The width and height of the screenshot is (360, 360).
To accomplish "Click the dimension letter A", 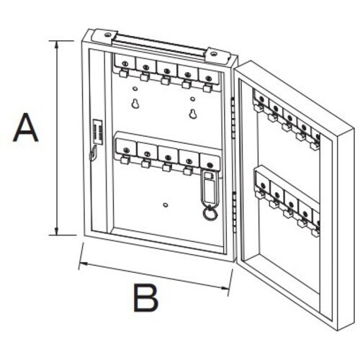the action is point(25,127).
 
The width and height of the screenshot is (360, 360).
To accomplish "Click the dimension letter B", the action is point(145,298).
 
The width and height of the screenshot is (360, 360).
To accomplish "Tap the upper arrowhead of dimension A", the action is point(57,45).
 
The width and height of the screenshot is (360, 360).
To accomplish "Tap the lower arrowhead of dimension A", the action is point(57,230).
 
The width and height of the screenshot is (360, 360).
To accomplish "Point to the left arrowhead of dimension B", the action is point(84,264).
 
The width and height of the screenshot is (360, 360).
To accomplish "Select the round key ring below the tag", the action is point(209,212).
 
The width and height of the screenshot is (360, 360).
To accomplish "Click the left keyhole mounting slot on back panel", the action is point(135,103).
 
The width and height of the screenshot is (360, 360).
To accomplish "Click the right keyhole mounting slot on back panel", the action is point(192,113).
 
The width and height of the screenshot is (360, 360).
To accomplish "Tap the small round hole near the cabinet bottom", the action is point(165,205).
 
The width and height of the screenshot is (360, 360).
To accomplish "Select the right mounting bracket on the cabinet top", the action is point(216,55).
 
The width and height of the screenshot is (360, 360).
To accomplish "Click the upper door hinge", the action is point(233,117).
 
